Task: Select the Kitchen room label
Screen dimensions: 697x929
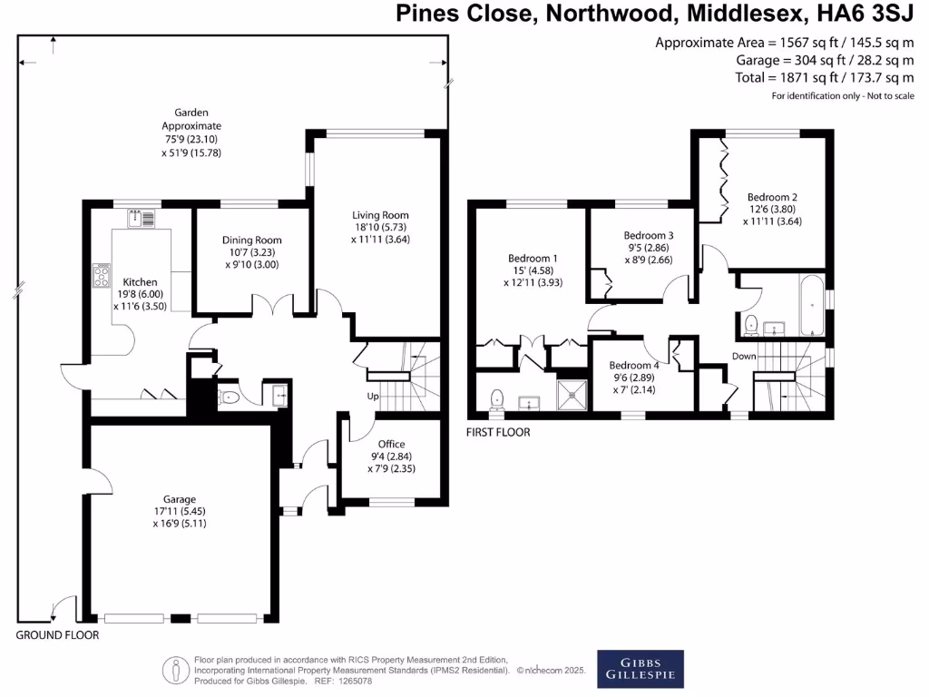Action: [141, 282]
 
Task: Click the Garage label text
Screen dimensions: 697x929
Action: [180, 499]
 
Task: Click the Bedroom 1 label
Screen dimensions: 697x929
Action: [533, 258]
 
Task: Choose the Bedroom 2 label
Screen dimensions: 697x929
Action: [772, 196]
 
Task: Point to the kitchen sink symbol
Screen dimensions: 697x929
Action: [141, 218]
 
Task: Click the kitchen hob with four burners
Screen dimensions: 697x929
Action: [101, 275]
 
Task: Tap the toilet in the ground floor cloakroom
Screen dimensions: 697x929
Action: [230, 397]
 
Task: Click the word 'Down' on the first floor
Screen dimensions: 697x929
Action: [744, 357]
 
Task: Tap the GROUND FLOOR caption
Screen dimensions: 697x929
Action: [57, 635]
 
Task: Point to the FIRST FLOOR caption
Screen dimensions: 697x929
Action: [498, 432]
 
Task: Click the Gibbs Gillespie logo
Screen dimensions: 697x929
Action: [640, 669]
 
